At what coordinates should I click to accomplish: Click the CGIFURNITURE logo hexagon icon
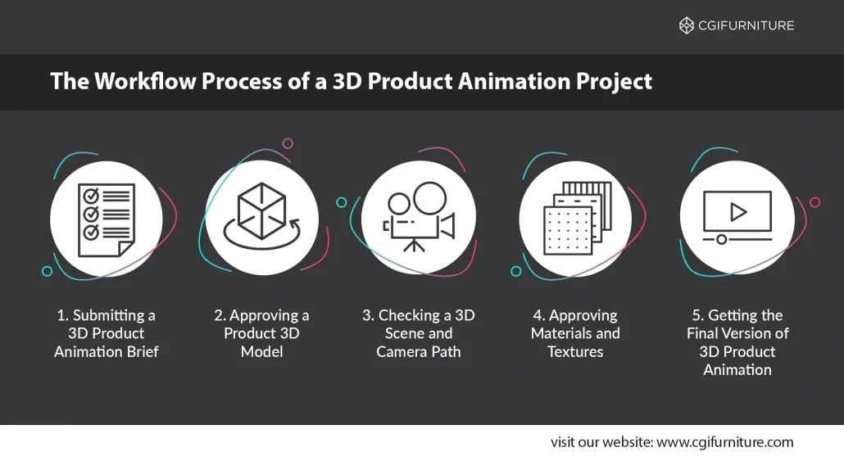coord(687,25)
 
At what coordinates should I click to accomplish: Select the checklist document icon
coord(105,219)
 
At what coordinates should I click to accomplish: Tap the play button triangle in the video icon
coord(738,212)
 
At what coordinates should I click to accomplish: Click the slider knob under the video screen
coord(721,239)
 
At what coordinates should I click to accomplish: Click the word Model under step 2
coord(261,351)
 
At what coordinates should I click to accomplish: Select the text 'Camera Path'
coord(419,351)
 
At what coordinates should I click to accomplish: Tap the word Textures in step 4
coord(575,351)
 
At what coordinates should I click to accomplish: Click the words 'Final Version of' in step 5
coord(737,333)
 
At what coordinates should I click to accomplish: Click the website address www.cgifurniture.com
coord(725,442)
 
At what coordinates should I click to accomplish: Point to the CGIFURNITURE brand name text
coord(746,25)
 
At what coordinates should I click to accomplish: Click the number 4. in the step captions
coord(538,315)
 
